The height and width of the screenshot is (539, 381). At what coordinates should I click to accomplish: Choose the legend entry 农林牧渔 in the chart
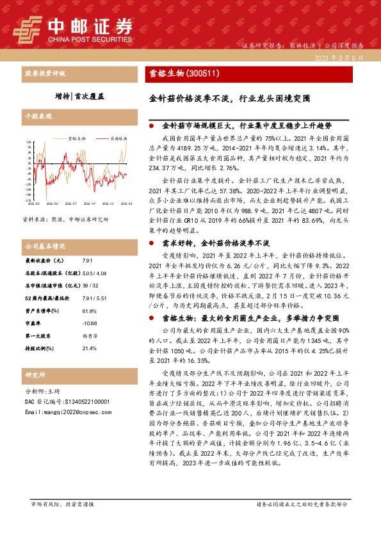pyautogui.click(x=117, y=138)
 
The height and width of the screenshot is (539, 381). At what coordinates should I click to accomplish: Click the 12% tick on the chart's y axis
pyautogui.click(x=29, y=141)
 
